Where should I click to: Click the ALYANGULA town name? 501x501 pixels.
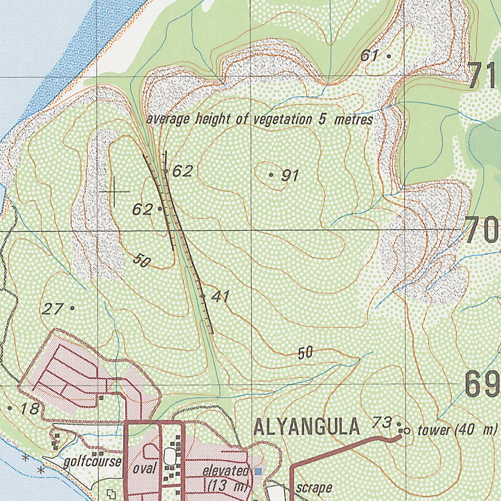pos(307,427)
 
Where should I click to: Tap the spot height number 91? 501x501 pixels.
pos(290,175)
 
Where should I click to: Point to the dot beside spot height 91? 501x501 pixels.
pos(272,174)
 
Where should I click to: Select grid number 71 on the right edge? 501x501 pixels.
pos(484,76)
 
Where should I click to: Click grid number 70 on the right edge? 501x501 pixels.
pos(482,230)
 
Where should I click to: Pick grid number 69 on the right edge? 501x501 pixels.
pos(482,385)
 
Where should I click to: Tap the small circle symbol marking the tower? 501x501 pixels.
pos(407,431)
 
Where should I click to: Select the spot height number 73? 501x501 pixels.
pos(382,421)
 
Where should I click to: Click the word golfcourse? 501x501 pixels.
pos(92,461)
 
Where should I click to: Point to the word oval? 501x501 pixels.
pos(145,468)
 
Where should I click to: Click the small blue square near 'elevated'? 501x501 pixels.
pos(258,471)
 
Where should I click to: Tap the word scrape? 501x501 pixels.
pos(314,488)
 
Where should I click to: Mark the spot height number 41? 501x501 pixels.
pos(221,296)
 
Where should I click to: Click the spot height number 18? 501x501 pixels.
pos(29,409)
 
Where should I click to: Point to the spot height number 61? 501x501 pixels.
pos(370,56)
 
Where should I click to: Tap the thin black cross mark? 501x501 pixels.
pos(114,191)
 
